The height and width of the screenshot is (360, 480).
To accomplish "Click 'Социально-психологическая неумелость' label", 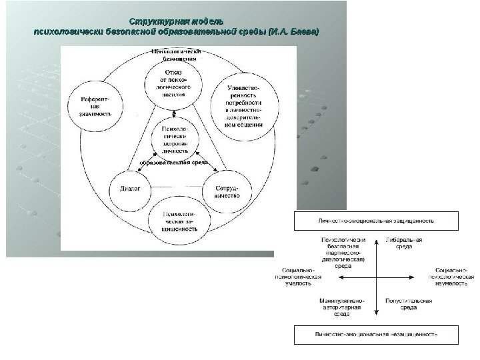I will (x=451, y=274).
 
